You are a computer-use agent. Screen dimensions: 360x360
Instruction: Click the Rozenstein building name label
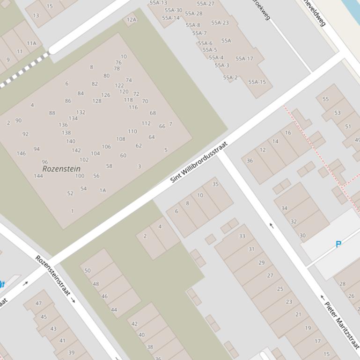61,168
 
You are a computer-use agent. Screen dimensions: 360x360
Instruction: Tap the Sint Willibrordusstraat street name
198,162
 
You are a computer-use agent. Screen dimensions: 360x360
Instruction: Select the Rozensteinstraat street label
53,276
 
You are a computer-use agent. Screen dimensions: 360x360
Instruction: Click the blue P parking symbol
338,244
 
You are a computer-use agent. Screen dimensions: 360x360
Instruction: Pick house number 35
215,184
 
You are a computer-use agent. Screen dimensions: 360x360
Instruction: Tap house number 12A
132,20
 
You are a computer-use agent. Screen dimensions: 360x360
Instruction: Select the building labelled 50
88,271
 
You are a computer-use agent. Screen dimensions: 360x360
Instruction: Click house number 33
242,236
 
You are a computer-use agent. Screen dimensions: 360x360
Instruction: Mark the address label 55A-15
257,82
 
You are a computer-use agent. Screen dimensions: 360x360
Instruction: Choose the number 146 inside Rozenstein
21,153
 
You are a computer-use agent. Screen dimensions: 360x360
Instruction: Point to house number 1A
103,190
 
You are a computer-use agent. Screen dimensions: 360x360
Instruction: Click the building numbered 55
326,99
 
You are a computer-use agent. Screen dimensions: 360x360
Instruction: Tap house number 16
288,133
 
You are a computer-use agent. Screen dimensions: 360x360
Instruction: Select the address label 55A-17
244,59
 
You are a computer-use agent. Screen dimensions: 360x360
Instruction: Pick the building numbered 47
38,303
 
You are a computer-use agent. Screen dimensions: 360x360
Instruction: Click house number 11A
31,43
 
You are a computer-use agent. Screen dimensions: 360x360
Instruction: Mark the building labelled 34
284,209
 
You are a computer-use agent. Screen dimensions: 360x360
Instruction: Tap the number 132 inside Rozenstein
81,112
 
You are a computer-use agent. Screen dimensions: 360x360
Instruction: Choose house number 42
134,324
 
